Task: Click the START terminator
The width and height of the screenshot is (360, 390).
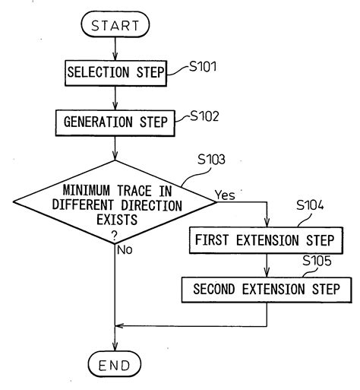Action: (x=115, y=27)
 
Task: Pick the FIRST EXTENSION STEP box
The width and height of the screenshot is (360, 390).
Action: (x=265, y=241)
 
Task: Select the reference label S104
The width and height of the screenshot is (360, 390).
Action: (x=311, y=205)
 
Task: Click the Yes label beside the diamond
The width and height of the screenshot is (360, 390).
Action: (x=226, y=195)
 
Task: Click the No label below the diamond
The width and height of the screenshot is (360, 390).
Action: (x=128, y=248)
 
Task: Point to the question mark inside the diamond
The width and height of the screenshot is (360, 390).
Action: (x=115, y=235)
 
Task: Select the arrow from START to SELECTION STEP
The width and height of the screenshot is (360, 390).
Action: (x=115, y=49)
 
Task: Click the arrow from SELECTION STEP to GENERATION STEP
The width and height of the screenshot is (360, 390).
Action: (x=115, y=97)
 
